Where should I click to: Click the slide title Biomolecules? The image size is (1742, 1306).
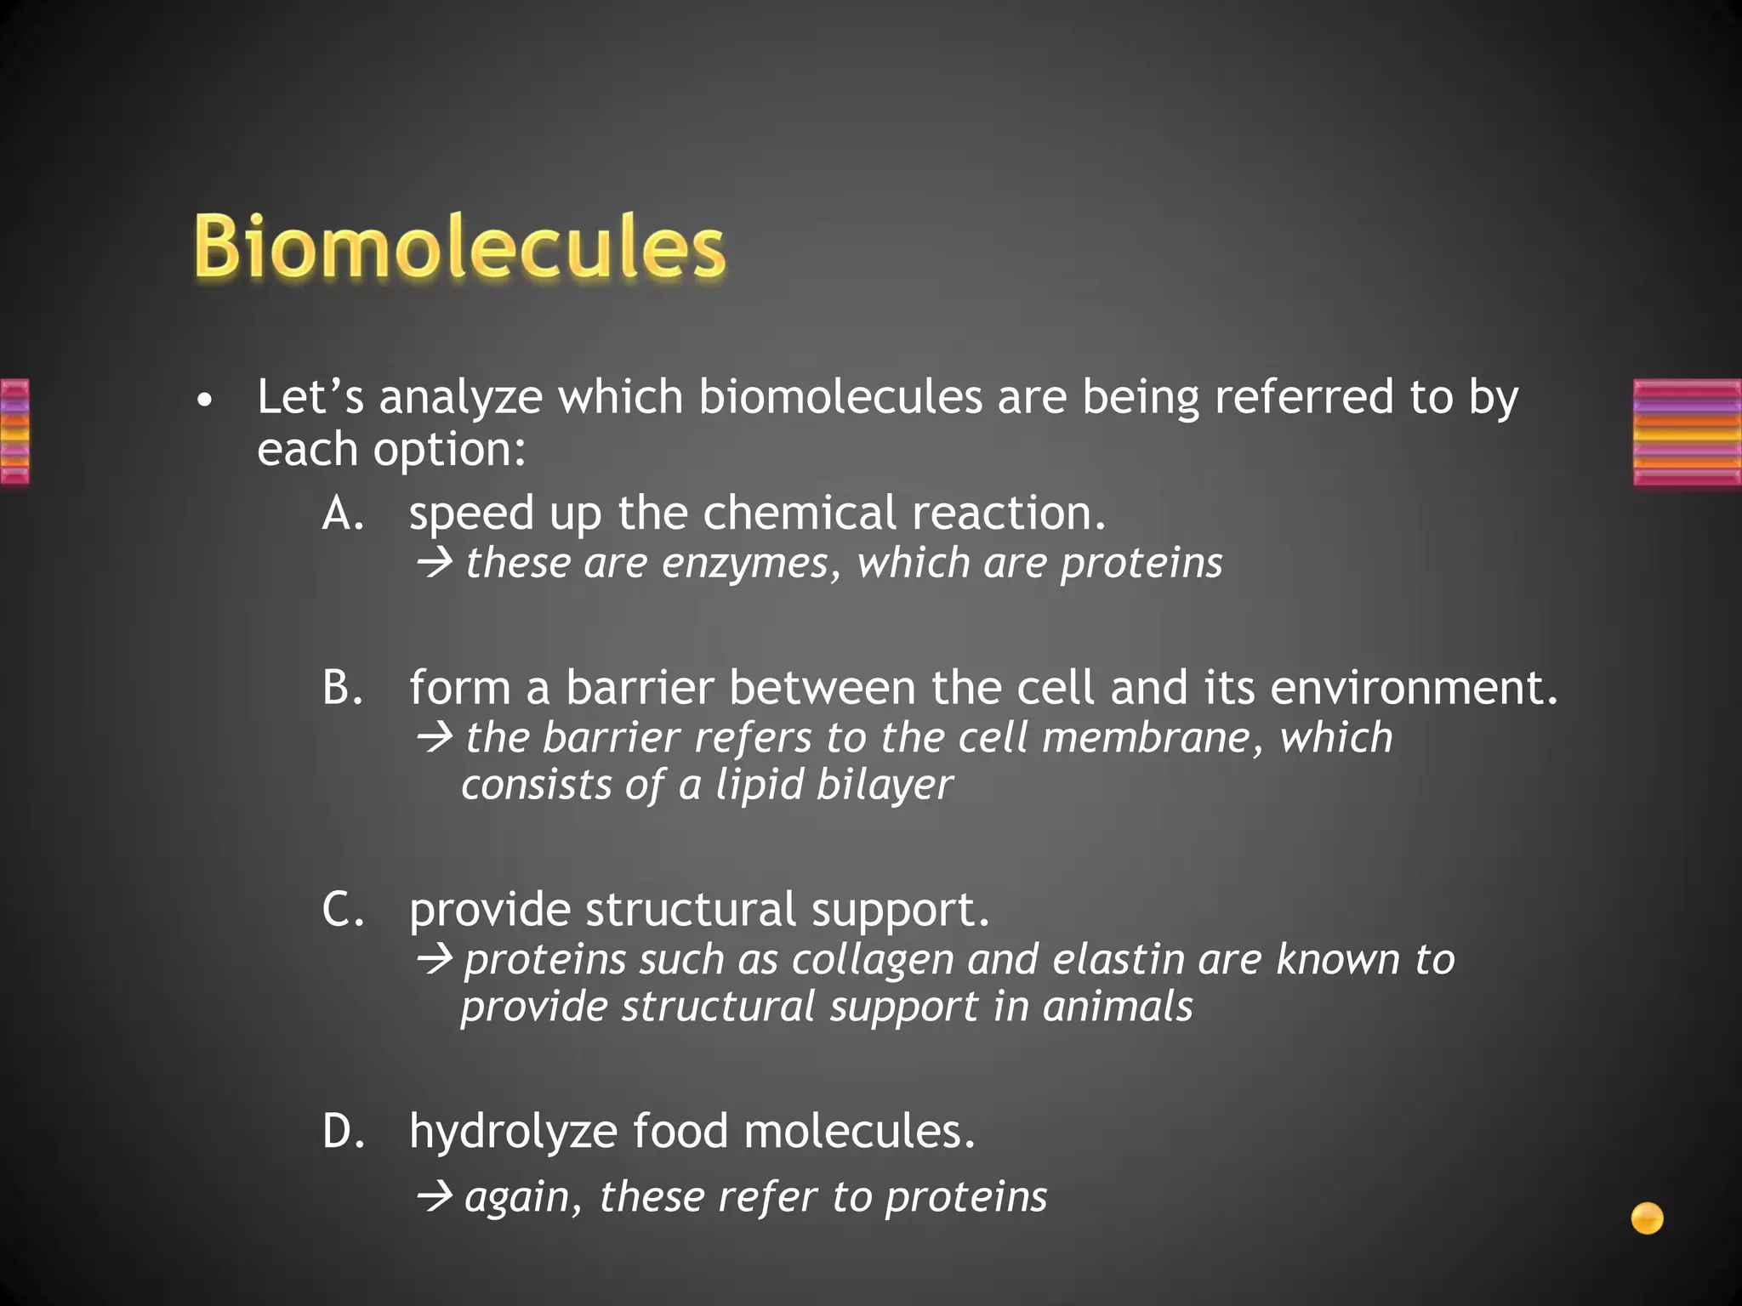coord(459,247)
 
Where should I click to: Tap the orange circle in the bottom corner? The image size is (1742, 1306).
coord(1647,1218)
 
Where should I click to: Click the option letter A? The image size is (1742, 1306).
coord(343,514)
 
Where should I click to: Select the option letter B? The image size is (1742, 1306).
coord(343,688)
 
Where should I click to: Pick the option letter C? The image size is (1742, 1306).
coord(343,910)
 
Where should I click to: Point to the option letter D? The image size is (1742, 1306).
coord(343,1132)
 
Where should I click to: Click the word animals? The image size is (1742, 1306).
coord(1118,1007)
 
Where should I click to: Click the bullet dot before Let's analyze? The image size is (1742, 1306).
coord(202,400)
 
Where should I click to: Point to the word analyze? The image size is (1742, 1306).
coord(460,399)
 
